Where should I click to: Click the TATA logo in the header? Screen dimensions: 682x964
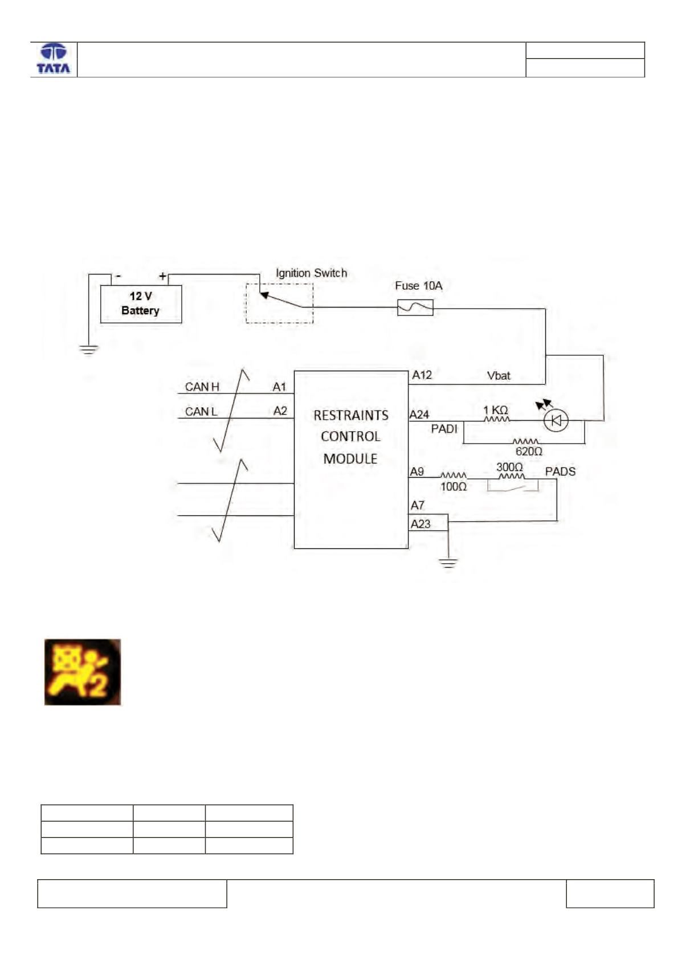pos(54,59)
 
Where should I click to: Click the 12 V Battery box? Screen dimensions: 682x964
pos(141,304)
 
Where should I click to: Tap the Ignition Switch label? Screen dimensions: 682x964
pos(311,273)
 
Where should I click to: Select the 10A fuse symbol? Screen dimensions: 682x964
pos(415,307)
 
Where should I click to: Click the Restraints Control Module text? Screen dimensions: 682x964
pos(351,437)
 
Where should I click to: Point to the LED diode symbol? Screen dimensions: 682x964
pos(556,420)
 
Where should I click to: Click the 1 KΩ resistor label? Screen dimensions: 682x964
pos(496,410)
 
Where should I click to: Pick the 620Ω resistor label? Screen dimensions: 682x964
pos(529,452)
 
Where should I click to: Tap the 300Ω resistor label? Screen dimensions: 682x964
pos(510,467)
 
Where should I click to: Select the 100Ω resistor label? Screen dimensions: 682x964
pos(454,487)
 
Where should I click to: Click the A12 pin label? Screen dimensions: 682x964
pos(422,375)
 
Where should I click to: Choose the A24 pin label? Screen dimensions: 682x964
pos(419,415)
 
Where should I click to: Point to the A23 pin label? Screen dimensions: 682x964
pos(420,524)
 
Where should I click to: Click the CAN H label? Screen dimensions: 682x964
pos(202,387)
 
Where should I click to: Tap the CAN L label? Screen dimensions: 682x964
pos(201,412)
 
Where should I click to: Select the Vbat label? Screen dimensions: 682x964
pos(499,376)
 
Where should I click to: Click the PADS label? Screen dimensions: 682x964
pos(560,471)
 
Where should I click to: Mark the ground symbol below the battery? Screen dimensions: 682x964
pos(88,350)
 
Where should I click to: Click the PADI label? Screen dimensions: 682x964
pos(444,429)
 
